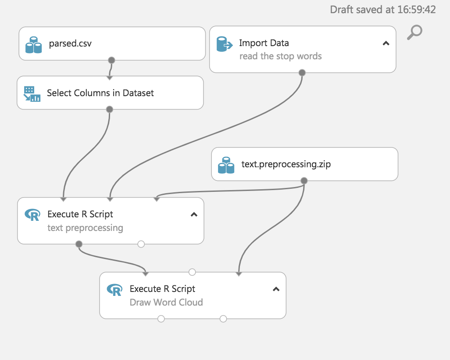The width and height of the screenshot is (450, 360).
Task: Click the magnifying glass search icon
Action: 414,32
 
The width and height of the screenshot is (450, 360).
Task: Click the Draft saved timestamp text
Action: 383,10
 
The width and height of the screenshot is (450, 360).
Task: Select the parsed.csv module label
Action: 70,43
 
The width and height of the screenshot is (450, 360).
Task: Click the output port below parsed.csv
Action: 111,60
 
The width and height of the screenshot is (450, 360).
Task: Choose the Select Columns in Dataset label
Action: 100,93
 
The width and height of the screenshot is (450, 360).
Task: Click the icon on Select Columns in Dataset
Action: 32,94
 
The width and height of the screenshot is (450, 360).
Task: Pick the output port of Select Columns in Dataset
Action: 110,109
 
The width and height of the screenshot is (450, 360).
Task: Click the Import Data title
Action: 264,43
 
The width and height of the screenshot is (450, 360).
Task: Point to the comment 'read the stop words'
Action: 281,56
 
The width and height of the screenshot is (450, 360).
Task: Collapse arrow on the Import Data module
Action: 386,43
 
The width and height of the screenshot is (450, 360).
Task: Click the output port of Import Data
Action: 302,72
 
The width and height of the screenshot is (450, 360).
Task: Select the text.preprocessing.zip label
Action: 286,165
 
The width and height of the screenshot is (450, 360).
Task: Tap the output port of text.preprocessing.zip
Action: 304,180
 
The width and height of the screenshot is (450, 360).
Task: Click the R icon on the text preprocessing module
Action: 32,215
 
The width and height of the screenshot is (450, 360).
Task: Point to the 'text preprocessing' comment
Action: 85,228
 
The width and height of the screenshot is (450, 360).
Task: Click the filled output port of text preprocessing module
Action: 79,244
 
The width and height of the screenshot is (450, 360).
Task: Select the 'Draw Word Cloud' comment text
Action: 166,302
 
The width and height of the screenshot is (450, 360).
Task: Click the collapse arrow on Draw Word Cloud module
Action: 276,289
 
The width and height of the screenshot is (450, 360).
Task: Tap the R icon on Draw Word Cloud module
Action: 114,289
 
